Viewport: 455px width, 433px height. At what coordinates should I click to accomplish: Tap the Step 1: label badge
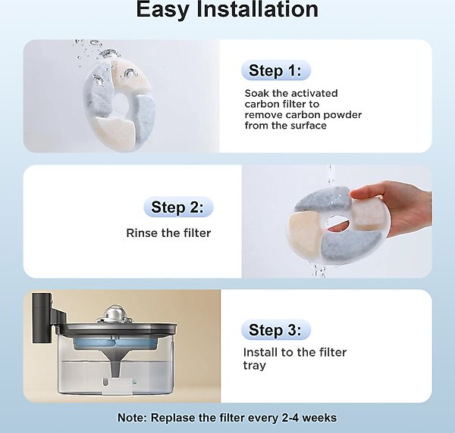276,70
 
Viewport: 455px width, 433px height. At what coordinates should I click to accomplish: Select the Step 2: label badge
178,207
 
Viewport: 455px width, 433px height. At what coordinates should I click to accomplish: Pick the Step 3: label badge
276,329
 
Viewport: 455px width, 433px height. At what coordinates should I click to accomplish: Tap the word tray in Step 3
254,366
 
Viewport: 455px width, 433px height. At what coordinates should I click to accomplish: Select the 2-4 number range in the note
291,418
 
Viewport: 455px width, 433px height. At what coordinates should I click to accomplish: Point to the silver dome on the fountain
114,314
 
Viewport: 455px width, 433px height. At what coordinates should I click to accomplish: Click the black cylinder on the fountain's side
42,318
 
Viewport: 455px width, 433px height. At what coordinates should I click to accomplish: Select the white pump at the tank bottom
117,385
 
